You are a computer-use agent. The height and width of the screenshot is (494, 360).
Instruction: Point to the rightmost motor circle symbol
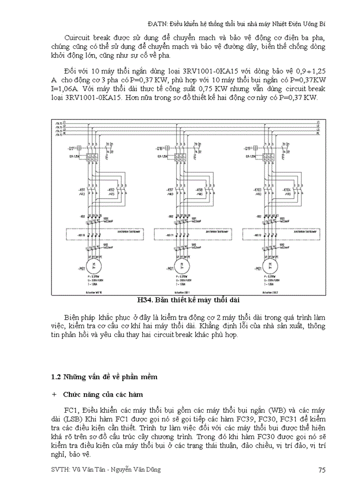pos(268,267)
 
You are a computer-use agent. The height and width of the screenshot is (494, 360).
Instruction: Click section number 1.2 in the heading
pos(57,377)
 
